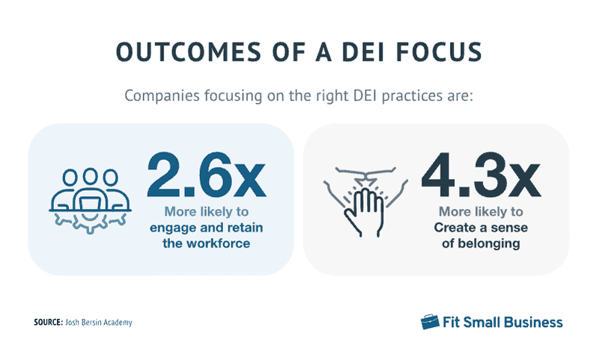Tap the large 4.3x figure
pyautogui.click(x=480, y=174)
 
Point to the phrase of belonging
pyautogui.click(x=479, y=243)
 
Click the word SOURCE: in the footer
pyautogui.click(x=50, y=323)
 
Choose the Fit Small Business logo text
pyautogui.click(x=502, y=323)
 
